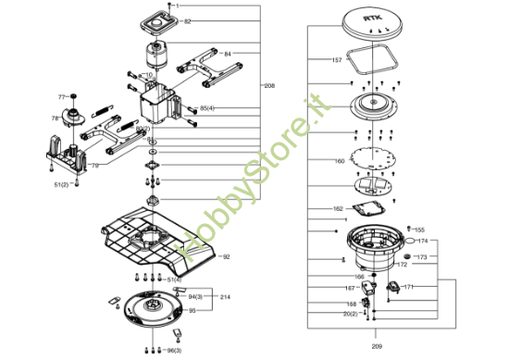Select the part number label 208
coord(269,86)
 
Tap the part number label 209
coord(376,335)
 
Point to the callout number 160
coord(339,161)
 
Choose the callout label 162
coord(338,209)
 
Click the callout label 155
coord(419,230)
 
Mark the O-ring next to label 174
coord(408,242)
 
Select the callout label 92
coord(226,256)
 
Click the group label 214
coord(225,296)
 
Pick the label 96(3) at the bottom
coord(173,351)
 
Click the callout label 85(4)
coord(207,108)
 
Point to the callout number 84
coord(228,54)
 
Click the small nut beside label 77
coord(73,97)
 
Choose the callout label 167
coord(351,288)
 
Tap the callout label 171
coord(408,287)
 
